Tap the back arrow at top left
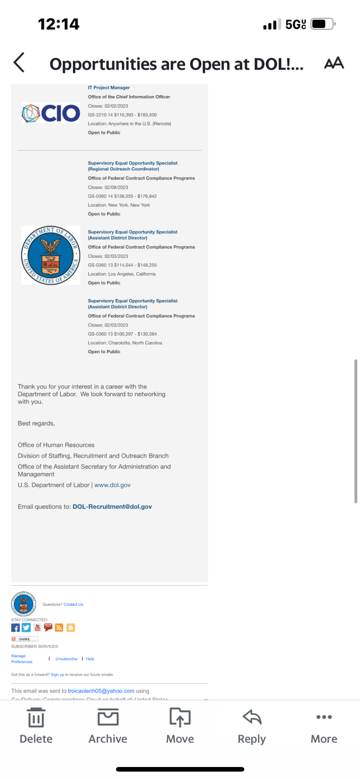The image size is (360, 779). point(19,63)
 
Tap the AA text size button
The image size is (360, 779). point(334,63)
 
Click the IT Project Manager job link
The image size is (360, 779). point(109,88)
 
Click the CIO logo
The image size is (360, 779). point(51,113)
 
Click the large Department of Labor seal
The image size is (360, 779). point(51,255)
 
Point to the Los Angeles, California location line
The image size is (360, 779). point(122,274)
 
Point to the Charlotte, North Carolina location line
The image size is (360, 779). point(125,343)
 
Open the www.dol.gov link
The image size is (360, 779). point(112,485)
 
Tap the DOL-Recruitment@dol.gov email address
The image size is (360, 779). point(112,507)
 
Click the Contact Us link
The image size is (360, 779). point(73,605)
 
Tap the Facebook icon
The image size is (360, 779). point(15,628)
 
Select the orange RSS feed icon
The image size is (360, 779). point(59,628)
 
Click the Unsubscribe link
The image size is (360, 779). point(66,659)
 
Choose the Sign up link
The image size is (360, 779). point(58,675)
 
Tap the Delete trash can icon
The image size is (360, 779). point(36,718)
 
